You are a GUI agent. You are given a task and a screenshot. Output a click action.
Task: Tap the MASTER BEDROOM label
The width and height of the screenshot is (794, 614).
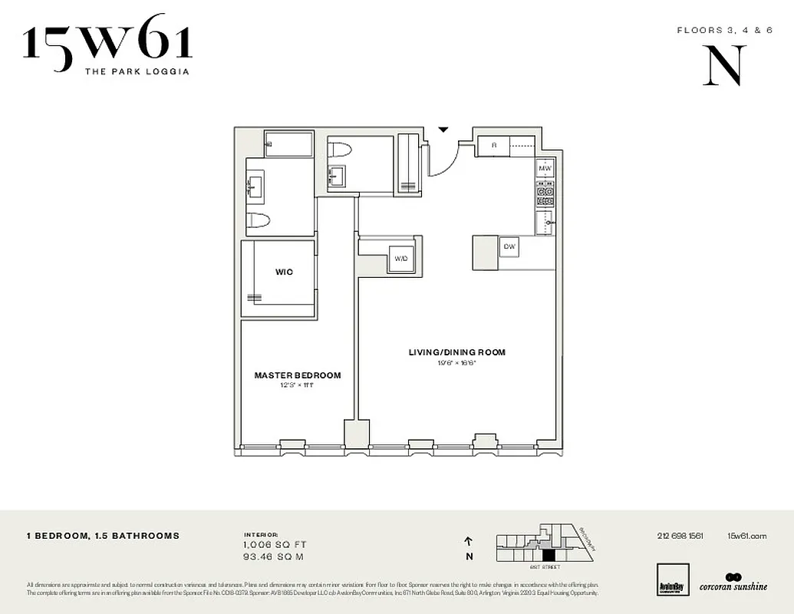pos(298,375)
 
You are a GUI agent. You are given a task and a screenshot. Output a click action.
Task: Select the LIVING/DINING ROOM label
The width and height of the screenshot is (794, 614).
pos(456,352)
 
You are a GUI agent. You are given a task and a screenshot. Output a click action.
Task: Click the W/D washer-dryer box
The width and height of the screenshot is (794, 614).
pos(401,259)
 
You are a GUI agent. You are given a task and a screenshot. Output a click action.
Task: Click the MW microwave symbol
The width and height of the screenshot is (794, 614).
pos(545,168)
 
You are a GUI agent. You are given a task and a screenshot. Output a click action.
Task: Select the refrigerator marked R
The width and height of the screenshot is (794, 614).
pos(495,145)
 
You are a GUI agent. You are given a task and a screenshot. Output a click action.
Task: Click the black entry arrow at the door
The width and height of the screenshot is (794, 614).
pos(443,130)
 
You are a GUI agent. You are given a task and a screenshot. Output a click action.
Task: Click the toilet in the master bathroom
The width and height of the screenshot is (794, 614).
pos(259,221)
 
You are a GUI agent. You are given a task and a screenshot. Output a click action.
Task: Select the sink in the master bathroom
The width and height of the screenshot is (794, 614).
pos(255,185)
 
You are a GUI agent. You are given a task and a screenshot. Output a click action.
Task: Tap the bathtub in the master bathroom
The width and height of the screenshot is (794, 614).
pos(288,144)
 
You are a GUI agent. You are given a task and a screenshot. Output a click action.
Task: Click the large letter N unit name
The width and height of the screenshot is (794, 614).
pos(723,66)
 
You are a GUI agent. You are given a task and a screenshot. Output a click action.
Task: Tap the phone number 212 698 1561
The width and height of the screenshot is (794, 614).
pos(680,536)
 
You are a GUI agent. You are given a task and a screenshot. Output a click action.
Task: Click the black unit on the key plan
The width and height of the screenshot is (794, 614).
pos(548,555)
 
